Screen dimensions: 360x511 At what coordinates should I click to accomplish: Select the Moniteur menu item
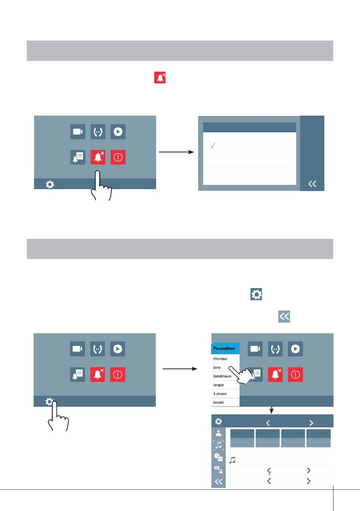click(x=220, y=359)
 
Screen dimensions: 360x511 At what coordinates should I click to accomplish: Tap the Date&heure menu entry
click(x=222, y=376)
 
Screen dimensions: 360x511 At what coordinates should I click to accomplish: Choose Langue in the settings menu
click(x=218, y=385)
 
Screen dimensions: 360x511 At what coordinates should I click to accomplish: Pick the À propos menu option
click(x=220, y=393)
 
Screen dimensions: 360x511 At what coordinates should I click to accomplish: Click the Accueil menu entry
click(x=218, y=402)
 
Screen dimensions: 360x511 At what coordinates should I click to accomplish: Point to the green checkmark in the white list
click(x=213, y=145)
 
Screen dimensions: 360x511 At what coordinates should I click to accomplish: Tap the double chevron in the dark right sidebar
click(x=312, y=184)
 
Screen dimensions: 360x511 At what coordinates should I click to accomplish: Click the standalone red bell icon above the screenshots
click(x=160, y=78)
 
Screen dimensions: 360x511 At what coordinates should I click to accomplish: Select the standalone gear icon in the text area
click(x=256, y=294)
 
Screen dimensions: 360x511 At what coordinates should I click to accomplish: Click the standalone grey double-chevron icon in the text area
click(x=284, y=317)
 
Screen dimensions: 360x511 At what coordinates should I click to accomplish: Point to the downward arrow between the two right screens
click(x=271, y=410)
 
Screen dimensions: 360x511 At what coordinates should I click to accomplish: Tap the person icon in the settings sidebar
click(x=218, y=433)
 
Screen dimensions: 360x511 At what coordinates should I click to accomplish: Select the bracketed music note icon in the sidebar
click(x=218, y=445)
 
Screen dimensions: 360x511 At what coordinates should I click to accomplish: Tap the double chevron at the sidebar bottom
click(x=218, y=481)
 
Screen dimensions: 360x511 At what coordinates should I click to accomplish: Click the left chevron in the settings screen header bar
click(x=268, y=423)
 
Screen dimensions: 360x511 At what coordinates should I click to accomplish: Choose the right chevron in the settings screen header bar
click(x=311, y=423)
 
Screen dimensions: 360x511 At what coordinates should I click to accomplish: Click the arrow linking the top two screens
click(x=176, y=152)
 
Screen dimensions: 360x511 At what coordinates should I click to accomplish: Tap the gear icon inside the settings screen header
click(x=218, y=421)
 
